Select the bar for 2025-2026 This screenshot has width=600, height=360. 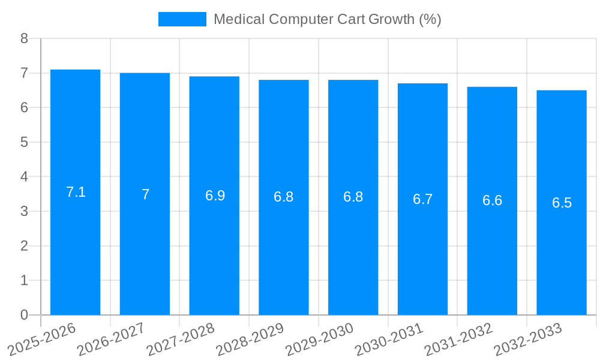(x=75, y=192)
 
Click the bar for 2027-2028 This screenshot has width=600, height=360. (x=214, y=196)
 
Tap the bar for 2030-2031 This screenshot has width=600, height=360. (x=422, y=199)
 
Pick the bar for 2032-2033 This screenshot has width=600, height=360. (x=561, y=203)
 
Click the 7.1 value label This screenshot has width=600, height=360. (x=76, y=193)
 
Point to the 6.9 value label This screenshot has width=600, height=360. (x=215, y=196)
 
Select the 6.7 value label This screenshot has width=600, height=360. (x=422, y=200)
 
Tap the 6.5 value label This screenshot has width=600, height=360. (x=562, y=203)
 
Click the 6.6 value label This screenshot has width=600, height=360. (x=492, y=201)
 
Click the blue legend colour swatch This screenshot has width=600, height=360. (x=182, y=19)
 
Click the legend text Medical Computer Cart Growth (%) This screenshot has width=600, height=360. (x=327, y=19)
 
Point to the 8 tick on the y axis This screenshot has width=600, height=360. (x=24, y=38)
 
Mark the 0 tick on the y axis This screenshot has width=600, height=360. (x=24, y=315)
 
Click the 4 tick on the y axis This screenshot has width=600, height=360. (x=24, y=177)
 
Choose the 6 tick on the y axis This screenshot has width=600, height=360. (x=24, y=107)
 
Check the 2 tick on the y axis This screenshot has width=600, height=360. (x=24, y=246)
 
